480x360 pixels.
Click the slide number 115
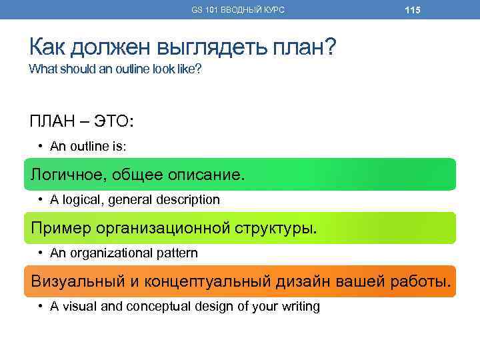pyautogui.click(x=413, y=10)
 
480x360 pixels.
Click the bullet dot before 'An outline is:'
pyautogui.click(x=41, y=146)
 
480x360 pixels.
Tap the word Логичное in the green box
pyautogui.click(x=67, y=175)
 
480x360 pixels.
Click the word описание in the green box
pyautogui.click(x=207, y=175)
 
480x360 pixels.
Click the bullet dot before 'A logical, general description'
pyautogui.click(x=41, y=199)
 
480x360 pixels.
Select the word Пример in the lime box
pyautogui.click(x=61, y=229)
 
